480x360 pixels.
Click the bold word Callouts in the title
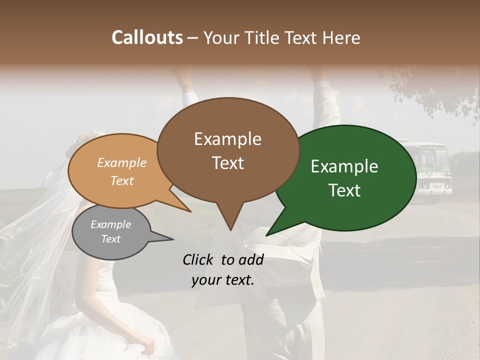[x=147, y=37]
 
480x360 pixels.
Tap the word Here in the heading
[x=340, y=38]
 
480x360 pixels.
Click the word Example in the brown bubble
[x=227, y=139]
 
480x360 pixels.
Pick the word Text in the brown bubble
[x=227, y=163]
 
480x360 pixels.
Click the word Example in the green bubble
[x=344, y=166]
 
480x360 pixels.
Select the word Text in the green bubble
[x=344, y=190]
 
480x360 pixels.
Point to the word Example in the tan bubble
[x=122, y=162]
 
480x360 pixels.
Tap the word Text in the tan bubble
[x=122, y=180]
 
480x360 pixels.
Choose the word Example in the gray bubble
[x=110, y=224]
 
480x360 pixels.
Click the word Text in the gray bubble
[x=110, y=239]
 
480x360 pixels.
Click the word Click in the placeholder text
[x=199, y=259]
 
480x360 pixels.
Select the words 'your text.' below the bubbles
[x=223, y=280]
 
